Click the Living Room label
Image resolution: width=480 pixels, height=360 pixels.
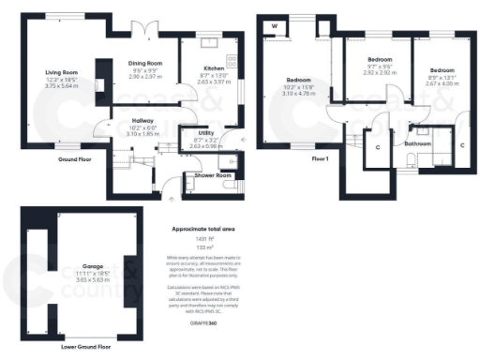63,72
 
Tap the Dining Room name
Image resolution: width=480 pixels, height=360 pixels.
145,63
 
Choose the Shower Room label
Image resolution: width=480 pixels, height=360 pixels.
212,175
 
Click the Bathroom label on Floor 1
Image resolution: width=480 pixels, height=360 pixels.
417,144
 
